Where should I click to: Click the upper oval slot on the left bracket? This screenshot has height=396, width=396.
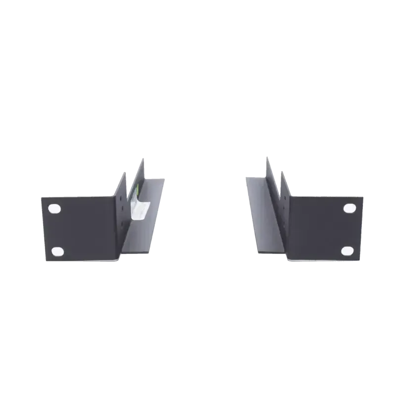tap(54, 208)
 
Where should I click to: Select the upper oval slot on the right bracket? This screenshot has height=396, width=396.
tap(348, 208)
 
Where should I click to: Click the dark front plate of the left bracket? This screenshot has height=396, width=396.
tap(84, 228)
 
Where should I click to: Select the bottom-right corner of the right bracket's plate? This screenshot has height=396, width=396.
tap(358, 259)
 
